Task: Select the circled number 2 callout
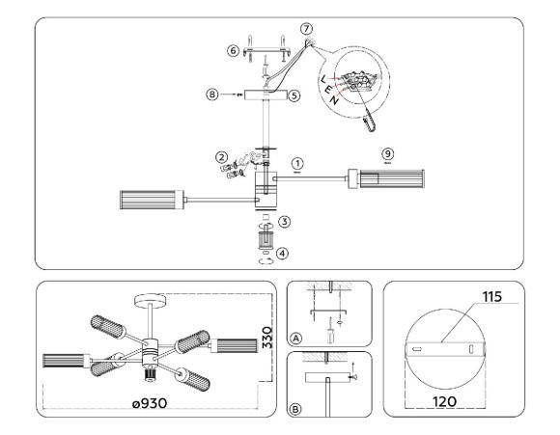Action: coord(221,155)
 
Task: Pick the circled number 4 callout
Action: coord(282,254)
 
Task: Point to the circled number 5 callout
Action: coord(295,95)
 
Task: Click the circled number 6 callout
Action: coord(232,50)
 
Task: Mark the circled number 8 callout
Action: coord(211,95)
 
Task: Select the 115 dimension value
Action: coord(496,299)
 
